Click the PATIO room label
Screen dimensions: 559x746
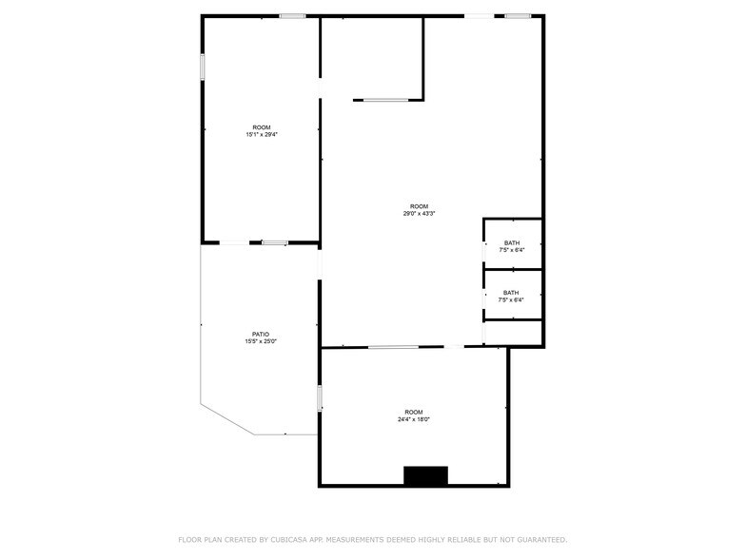(x=261, y=334)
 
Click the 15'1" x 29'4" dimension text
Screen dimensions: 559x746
(x=261, y=135)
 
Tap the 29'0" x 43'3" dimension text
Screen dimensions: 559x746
(x=419, y=214)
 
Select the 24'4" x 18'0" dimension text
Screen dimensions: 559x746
(x=414, y=419)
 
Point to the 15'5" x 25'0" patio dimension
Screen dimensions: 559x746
(x=261, y=341)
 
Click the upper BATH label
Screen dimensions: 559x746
(x=512, y=242)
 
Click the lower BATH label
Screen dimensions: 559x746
(x=512, y=293)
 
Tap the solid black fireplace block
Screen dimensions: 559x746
(x=425, y=475)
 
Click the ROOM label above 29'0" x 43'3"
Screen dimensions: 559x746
(x=419, y=206)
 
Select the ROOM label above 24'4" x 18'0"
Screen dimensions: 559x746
(x=414, y=412)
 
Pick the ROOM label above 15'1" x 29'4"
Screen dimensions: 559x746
(x=261, y=127)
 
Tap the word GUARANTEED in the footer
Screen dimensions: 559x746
(x=538, y=539)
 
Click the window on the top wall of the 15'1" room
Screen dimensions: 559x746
(x=292, y=15)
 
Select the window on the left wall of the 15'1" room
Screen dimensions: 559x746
(x=202, y=67)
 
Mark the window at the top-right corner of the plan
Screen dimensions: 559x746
(x=519, y=15)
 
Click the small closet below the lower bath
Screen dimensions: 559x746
(x=513, y=332)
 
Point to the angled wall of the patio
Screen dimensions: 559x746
(x=226, y=419)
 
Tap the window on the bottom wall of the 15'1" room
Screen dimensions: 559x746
(x=275, y=243)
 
